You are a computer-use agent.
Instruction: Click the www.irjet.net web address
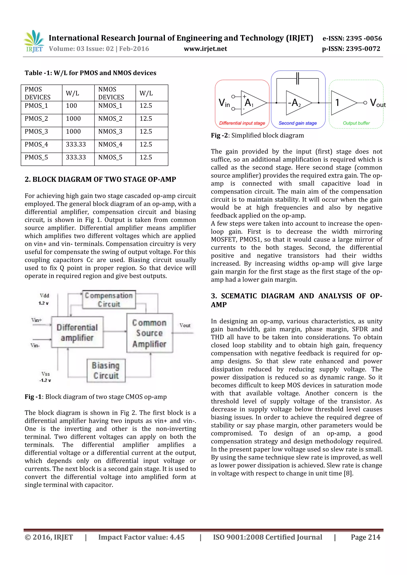[205, 49]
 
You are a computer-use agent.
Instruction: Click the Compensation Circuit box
[109, 300]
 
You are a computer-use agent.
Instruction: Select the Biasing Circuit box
[106, 370]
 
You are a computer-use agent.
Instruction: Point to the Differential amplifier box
[77, 332]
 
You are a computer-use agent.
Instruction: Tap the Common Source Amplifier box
[149, 333]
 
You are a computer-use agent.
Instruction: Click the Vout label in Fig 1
[185, 325]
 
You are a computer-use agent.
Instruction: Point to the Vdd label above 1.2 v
[44, 296]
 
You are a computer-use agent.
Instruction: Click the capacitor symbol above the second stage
[297, 78]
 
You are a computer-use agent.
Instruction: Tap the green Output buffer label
[356, 123]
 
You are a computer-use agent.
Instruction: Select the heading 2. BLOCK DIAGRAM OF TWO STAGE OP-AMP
[100, 179]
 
